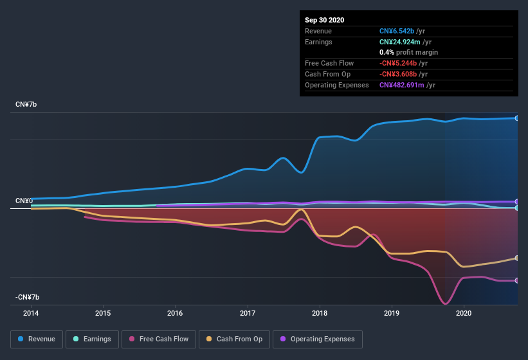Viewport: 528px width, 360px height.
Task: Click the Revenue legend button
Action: tap(37, 339)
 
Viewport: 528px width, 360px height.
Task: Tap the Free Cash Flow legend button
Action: tap(159, 339)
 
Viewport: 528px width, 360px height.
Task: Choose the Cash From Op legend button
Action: tap(233, 339)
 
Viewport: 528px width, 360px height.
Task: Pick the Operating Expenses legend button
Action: tap(318, 339)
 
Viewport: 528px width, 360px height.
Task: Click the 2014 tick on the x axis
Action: tap(31, 314)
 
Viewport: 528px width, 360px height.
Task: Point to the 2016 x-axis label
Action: tap(175, 314)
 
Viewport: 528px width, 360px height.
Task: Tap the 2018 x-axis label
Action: tap(319, 314)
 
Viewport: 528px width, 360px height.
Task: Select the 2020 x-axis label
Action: tap(463, 314)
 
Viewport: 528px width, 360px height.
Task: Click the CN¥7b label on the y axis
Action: tap(26, 104)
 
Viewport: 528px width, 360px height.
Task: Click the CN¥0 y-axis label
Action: tap(24, 201)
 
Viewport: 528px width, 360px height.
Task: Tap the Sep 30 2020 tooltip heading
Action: tap(324, 20)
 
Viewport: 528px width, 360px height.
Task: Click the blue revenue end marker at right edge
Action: tap(516, 118)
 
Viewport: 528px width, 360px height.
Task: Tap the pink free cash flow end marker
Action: tap(516, 280)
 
